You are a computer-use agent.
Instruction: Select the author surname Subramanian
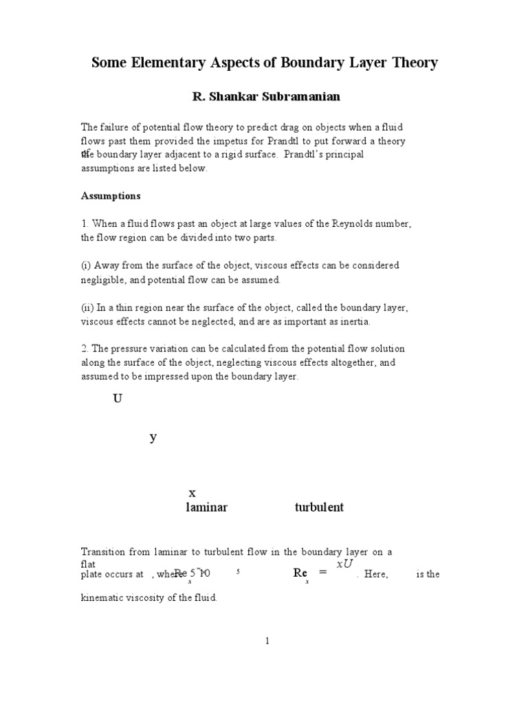point(286,97)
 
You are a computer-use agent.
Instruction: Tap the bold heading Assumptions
point(111,196)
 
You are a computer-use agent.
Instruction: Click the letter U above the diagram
point(117,399)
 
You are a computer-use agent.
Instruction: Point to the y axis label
point(153,437)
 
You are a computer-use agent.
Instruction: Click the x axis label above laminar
point(192,492)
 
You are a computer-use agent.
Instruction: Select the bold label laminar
point(206,507)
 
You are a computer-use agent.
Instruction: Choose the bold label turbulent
point(319,507)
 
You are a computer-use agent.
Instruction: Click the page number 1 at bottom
point(267,641)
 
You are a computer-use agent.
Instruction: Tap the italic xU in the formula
point(344,564)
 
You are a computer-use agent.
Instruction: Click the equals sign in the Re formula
point(322,573)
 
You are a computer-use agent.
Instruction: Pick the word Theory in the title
point(412,63)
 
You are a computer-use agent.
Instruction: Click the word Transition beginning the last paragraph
point(103,552)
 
